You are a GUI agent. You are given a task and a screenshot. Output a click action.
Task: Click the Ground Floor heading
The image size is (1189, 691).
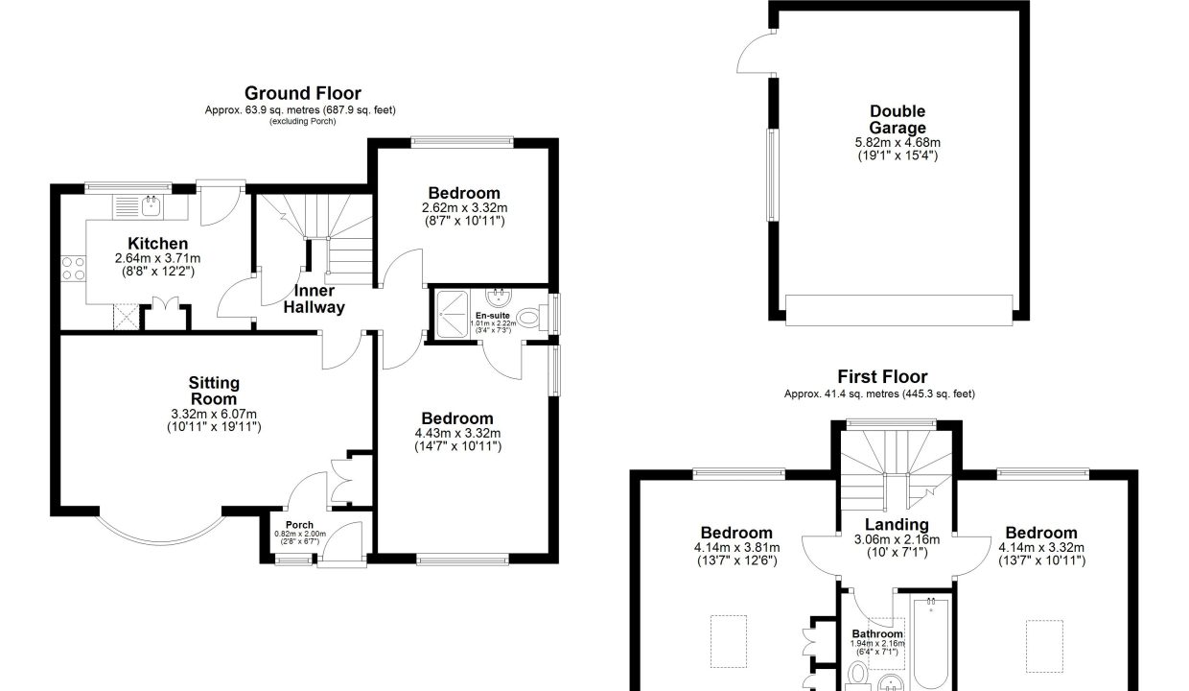(303, 93)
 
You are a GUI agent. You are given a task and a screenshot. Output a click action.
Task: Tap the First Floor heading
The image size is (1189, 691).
(882, 376)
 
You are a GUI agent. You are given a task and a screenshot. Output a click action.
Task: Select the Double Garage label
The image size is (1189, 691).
(898, 120)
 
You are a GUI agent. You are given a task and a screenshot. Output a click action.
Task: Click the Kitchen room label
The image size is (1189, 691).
(157, 244)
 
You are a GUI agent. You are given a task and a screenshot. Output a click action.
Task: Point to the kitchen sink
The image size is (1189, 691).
(152, 206)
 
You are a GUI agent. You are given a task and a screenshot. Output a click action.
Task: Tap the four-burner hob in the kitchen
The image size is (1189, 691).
(73, 268)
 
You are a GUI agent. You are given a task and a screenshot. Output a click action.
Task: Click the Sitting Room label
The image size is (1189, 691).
(214, 391)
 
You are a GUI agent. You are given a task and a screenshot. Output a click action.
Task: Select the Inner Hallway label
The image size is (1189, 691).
(314, 299)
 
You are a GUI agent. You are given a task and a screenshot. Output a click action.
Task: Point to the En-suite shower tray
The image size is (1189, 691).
(452, 314)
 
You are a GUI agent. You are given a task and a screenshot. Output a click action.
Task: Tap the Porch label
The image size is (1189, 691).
(299, 525)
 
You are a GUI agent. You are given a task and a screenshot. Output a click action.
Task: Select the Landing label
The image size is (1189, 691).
(897, 525)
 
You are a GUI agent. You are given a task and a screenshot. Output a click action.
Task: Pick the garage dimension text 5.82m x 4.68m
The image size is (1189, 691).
(898, 143)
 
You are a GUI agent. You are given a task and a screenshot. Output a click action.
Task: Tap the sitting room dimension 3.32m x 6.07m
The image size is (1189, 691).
(214, 414)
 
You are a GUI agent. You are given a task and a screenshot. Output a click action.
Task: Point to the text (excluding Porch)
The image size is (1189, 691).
(303, 121)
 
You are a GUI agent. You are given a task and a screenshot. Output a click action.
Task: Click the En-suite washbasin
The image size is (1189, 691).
(498, 298)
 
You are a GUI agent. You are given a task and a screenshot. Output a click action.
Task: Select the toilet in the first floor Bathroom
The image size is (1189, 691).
(856, 676)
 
